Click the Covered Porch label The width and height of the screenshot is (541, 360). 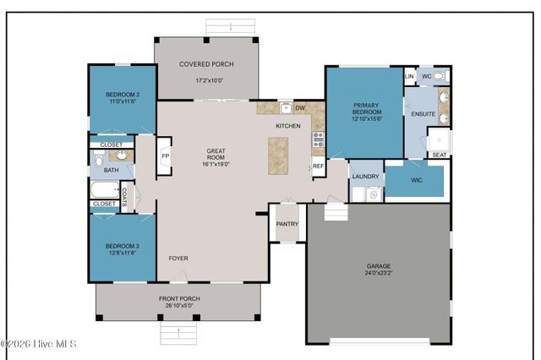[x=206, y=64]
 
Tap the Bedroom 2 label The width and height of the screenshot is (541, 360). [x=123, y=94]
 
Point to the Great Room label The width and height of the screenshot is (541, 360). [x=216, y=151]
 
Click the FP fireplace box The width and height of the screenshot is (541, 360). [x=166, y=157]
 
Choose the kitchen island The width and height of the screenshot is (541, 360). [x=278, y=155]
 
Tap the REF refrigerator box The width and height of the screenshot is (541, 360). [x=319, y=166]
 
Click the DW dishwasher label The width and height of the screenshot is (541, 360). [x=300, y=108]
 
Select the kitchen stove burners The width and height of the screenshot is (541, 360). [x=318, y=139]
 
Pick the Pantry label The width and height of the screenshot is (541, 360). [x=287, y=224]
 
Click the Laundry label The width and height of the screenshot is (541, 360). [x=366, y=176]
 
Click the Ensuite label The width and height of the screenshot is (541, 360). [x=424, y=113]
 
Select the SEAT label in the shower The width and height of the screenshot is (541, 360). [x=440, y=155]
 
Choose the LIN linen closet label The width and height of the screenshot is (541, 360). [x=410, y=76]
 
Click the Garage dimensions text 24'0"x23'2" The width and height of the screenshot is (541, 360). [x=378, y=274]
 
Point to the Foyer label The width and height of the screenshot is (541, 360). [x=178, y=258]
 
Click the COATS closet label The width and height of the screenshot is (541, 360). [x=124, y=197]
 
